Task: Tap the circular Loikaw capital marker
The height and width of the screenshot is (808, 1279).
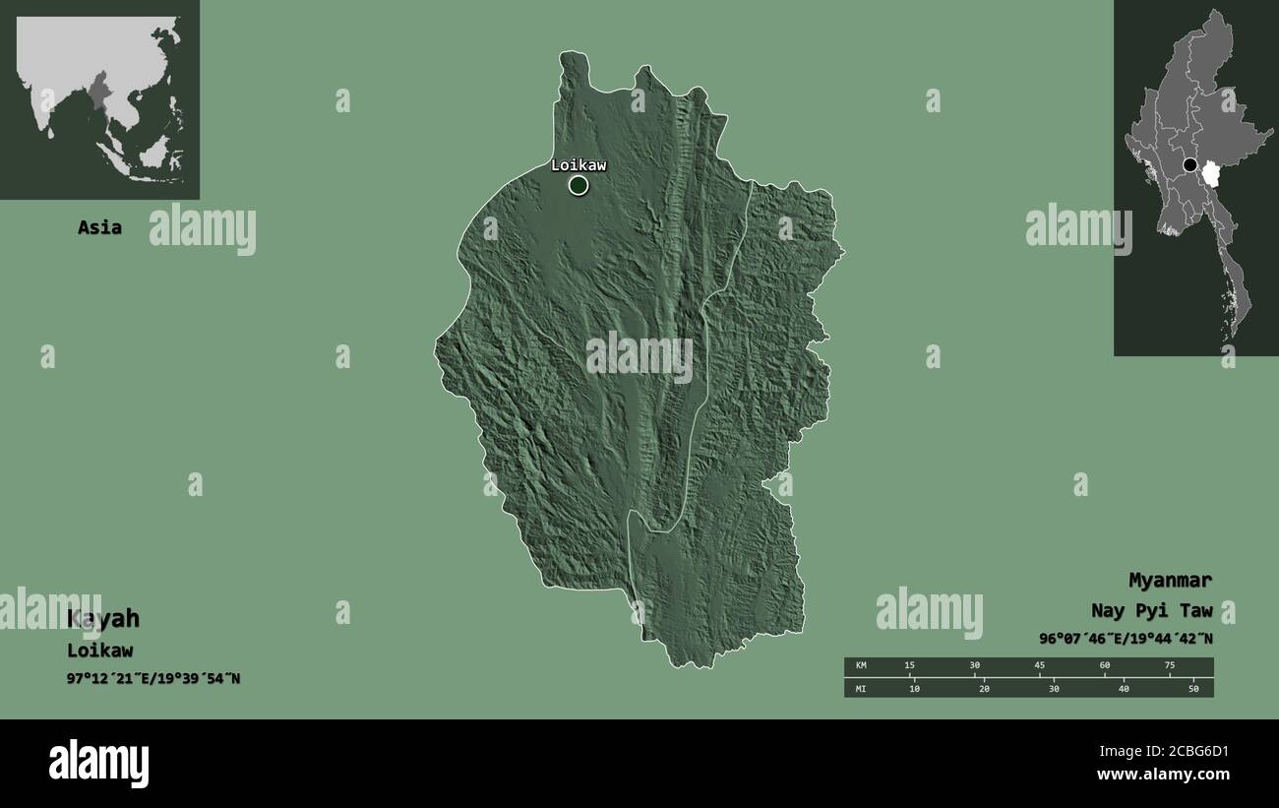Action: tap(578, 185)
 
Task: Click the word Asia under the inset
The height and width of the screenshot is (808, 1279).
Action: tap(99, 227)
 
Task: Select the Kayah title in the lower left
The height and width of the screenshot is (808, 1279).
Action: tap(103, 619)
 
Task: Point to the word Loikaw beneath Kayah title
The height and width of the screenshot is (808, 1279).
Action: tap(99, 651)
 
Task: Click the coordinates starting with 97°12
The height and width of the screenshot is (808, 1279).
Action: tap(153, 678)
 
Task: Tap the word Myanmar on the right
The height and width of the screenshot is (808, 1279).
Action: tap(1170, 580)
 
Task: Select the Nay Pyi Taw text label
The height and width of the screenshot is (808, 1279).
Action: tap(1151, 610)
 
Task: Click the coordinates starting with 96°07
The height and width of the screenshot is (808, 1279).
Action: tap(1126, 638)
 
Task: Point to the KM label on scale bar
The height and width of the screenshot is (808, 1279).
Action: tap(861, 666)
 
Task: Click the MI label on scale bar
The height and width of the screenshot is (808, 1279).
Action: tap(861, 689)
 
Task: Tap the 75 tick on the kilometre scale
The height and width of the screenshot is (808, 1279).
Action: tap(1169, 666)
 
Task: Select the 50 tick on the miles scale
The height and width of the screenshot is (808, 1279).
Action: tap(1193, 689)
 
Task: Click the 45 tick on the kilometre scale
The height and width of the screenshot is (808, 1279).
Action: tap(1039, 666)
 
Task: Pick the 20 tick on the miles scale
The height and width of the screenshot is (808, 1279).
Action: tap(984, 689)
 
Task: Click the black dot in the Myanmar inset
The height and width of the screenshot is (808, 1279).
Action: tap(1190, 164)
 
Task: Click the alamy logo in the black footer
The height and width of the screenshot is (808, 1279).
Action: tap(98, 764)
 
